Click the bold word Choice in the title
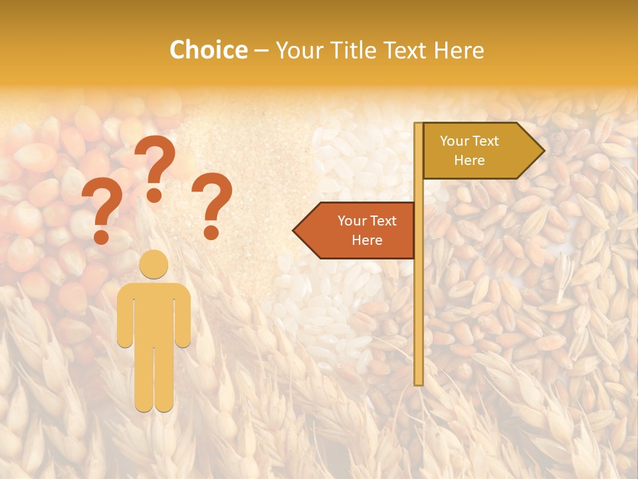point(209,50)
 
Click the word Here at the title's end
point(459,50)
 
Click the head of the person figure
point(154,264)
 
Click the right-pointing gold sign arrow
point(478,150)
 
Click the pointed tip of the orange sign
point(294,231)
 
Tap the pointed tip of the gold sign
point(543,150)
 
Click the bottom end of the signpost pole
point(419,383)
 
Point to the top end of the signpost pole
point(419,124)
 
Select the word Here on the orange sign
point(367,240)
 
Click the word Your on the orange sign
point(352,221)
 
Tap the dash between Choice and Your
point(261,51)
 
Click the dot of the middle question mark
point(155,195)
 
